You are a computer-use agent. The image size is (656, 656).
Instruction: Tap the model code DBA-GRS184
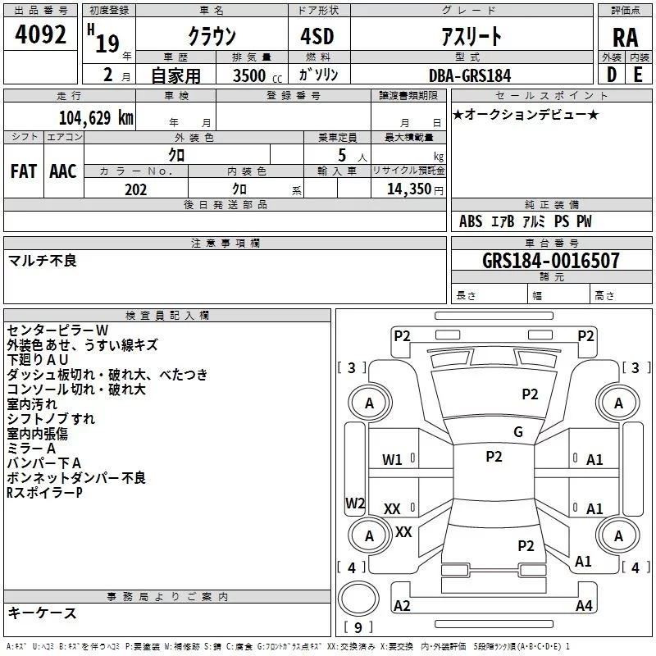470,75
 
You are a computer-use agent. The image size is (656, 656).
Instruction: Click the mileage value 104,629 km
96,117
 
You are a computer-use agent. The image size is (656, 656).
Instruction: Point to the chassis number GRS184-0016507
551,261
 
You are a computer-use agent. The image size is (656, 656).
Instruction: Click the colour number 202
135,189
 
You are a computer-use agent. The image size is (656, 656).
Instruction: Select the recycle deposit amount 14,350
408,189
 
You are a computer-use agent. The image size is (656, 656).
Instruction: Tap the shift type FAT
24,171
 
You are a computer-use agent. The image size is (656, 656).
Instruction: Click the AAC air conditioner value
63,171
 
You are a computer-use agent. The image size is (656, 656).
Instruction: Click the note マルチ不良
42,261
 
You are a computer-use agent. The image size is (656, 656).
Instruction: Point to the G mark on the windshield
517,432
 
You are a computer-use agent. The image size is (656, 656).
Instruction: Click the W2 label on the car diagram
355,503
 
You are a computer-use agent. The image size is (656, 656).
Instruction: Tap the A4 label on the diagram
584,606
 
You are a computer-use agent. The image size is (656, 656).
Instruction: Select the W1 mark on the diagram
393,460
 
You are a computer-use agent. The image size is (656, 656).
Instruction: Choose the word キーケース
42,613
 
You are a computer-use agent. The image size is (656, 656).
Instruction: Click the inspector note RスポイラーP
44,493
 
